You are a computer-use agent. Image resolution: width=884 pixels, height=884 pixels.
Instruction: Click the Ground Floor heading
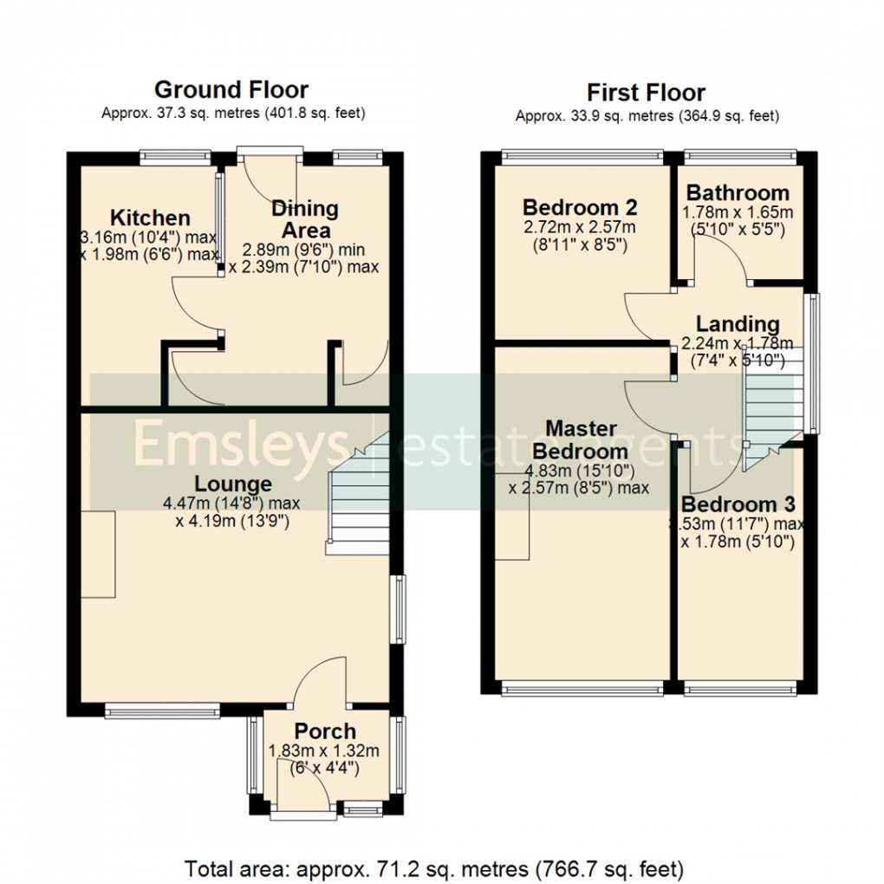(231, 89)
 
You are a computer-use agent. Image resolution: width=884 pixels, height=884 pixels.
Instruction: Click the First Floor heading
(646, 92)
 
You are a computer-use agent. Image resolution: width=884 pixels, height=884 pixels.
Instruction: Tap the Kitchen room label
(150, 218)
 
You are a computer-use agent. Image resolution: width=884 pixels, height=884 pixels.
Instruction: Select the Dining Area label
(305, 219)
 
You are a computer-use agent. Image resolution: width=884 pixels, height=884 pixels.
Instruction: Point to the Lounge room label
(232, 484)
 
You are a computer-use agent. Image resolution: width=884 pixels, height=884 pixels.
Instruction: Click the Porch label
(324, 731)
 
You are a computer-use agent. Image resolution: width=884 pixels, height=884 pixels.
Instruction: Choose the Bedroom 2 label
(580, 208)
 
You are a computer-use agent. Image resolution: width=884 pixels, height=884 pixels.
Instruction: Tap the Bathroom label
(738, 192)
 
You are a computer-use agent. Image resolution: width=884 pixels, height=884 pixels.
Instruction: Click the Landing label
(738, 323)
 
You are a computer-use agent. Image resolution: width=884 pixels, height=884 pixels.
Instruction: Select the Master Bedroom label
(580, 439)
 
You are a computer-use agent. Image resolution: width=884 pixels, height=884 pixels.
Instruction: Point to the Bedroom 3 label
(738, 504)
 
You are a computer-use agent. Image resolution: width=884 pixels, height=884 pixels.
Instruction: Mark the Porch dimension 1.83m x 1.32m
(324, 751)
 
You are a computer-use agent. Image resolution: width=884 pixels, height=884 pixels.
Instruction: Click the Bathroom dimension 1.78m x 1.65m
(738, 212)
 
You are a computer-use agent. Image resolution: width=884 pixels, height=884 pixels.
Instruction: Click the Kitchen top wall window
(176, 158)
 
